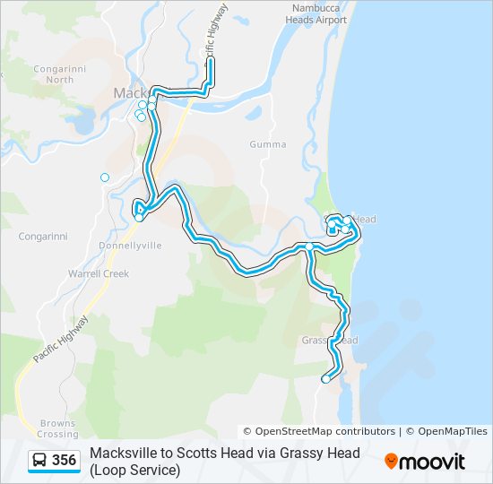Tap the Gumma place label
268,144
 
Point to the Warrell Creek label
99,273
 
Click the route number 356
64,461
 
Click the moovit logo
425,462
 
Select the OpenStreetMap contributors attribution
319,432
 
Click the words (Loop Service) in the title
134,470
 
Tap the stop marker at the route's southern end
325,379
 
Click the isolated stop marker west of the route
105,177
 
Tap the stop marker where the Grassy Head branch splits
309,246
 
